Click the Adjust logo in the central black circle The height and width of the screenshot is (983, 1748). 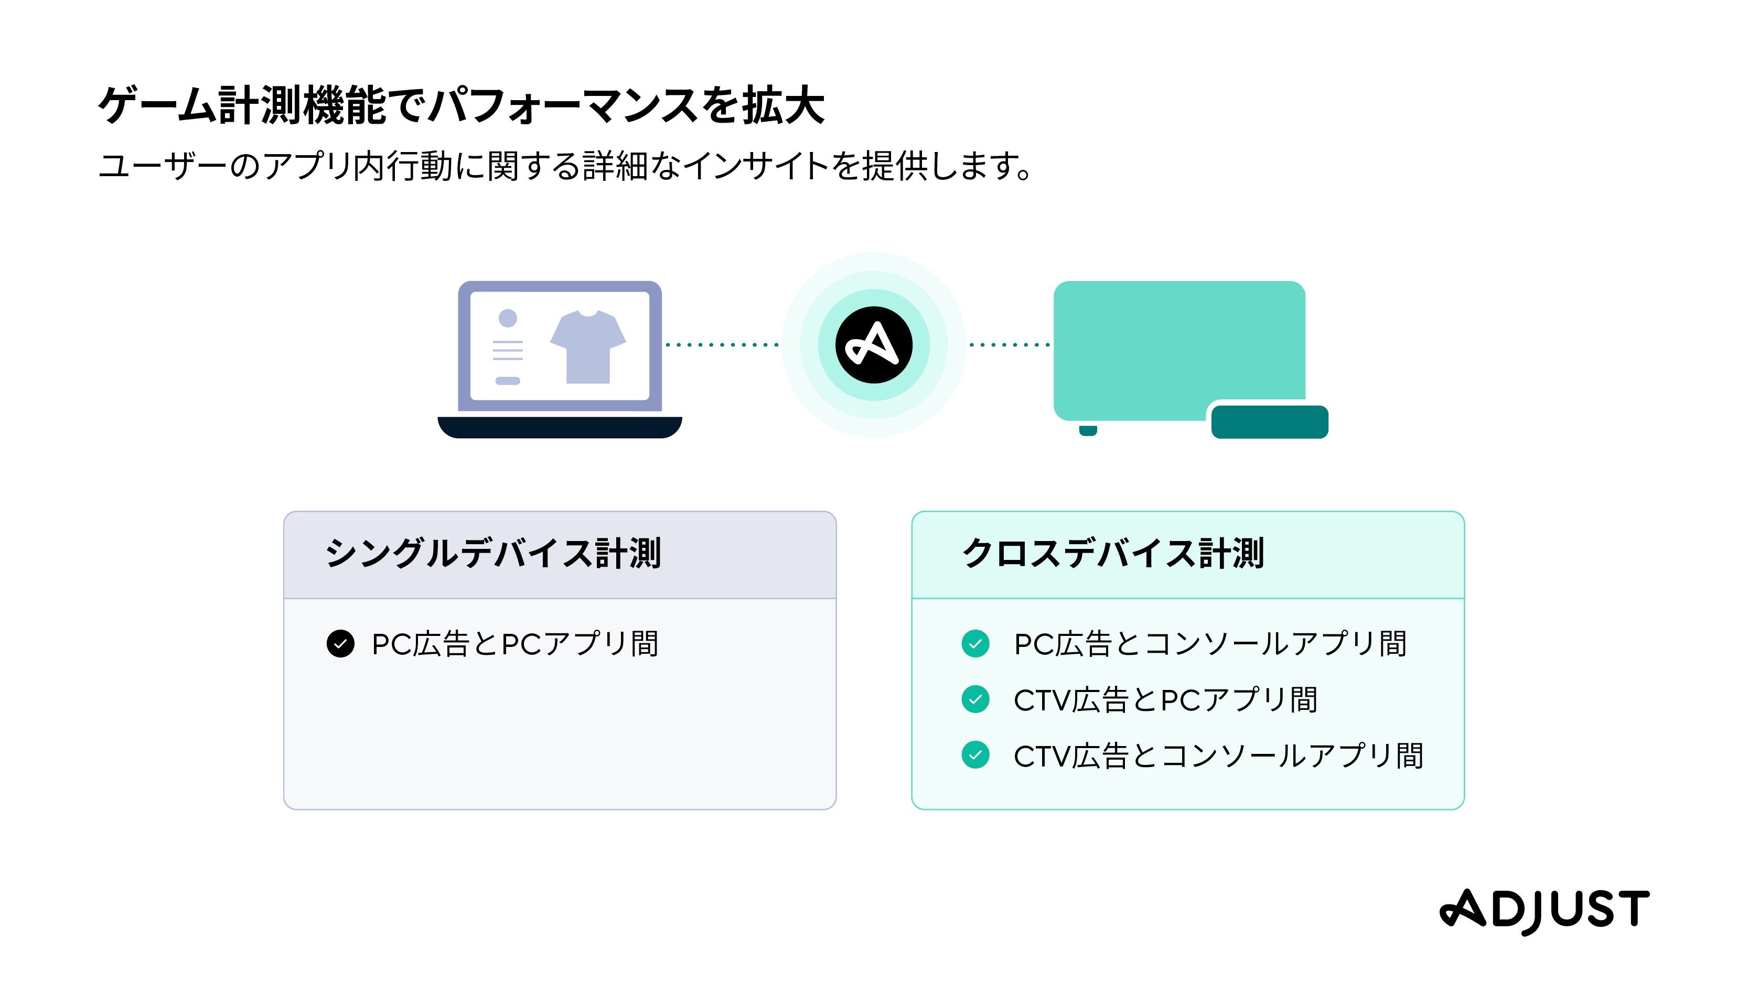[873, 344]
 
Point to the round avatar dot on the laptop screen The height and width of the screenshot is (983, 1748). [508, 318]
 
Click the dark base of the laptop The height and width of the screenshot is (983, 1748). [560, 427]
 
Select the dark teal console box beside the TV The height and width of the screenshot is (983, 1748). [1269, 422]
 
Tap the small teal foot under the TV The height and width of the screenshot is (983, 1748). [1088, 430]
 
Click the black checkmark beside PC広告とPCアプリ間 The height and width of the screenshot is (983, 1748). [341, 644]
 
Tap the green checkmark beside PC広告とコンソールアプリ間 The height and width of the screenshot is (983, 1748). [975, 644]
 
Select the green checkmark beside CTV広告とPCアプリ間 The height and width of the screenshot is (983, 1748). [975, 699]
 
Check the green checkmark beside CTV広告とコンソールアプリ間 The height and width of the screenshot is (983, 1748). [975, 755]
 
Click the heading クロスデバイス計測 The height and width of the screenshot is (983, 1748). [1113, 554]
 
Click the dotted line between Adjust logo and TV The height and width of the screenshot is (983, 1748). [1010, 344]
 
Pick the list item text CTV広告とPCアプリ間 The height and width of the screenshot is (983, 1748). [1165, 700]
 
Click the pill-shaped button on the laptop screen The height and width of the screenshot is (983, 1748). [508, 381]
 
